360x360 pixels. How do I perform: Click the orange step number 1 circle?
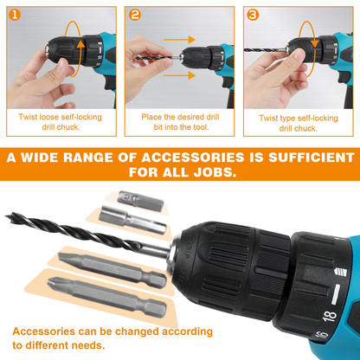[15, 15]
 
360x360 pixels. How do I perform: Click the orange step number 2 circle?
[134, 15]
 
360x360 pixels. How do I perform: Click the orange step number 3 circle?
[253, 15]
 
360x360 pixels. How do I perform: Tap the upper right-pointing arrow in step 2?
[179, 40]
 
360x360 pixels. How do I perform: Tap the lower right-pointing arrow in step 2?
[179, 75]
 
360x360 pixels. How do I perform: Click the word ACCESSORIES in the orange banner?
[193, 157]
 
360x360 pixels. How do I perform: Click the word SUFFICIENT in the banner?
[312, 157]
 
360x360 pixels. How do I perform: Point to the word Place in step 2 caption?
[151, 117]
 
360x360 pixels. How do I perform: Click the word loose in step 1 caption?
[49, 117]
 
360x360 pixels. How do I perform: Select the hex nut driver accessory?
[132, 220]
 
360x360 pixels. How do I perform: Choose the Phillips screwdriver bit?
[107, 297]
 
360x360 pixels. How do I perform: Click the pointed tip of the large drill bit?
[6, 215]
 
